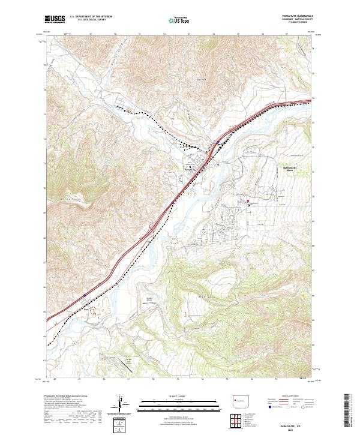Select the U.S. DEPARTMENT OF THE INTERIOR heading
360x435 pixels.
pos(89,17)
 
